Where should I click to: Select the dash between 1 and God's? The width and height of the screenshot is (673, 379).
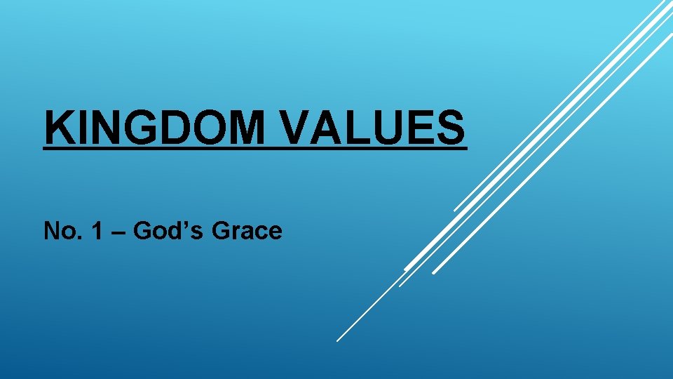click(116, 232)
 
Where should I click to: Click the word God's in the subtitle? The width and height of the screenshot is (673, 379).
click(165, 230)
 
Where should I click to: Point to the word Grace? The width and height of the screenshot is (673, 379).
click(247, 230)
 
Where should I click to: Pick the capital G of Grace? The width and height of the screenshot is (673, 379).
click(221, 230)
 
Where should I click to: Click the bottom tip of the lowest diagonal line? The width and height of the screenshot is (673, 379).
click(337, 340)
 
